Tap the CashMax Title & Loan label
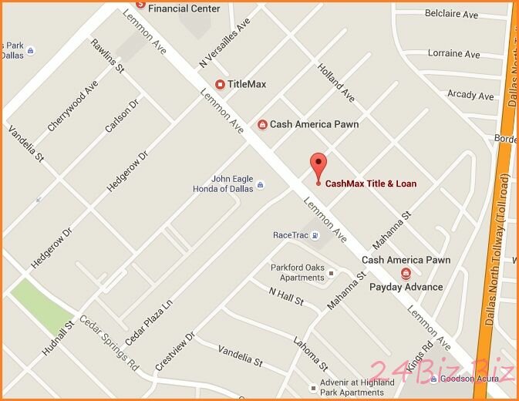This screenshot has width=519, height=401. click(370, 184)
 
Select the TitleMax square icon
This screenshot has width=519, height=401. click(220, 84)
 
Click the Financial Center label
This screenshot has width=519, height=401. click(184, 8)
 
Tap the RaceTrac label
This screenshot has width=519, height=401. click(290, 235)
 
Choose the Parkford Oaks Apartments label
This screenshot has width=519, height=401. click(296, 272)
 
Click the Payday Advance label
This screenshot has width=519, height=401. click(406, 287)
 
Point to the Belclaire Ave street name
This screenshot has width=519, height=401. click(452, 15)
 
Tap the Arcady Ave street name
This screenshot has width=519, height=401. click(470, 96)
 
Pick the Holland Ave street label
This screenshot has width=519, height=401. click(336, 83)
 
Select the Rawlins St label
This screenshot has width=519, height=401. click(107, 56)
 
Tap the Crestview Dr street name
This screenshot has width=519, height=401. click(175, 353)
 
